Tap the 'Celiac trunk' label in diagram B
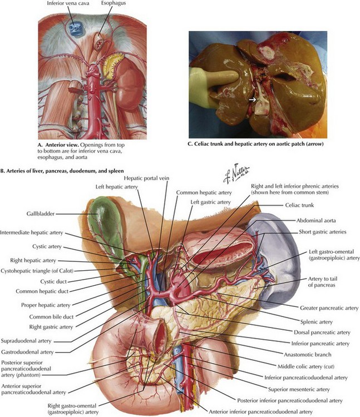(312, 205)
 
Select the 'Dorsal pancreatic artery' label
(321, 332)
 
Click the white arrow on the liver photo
(253, 100)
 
